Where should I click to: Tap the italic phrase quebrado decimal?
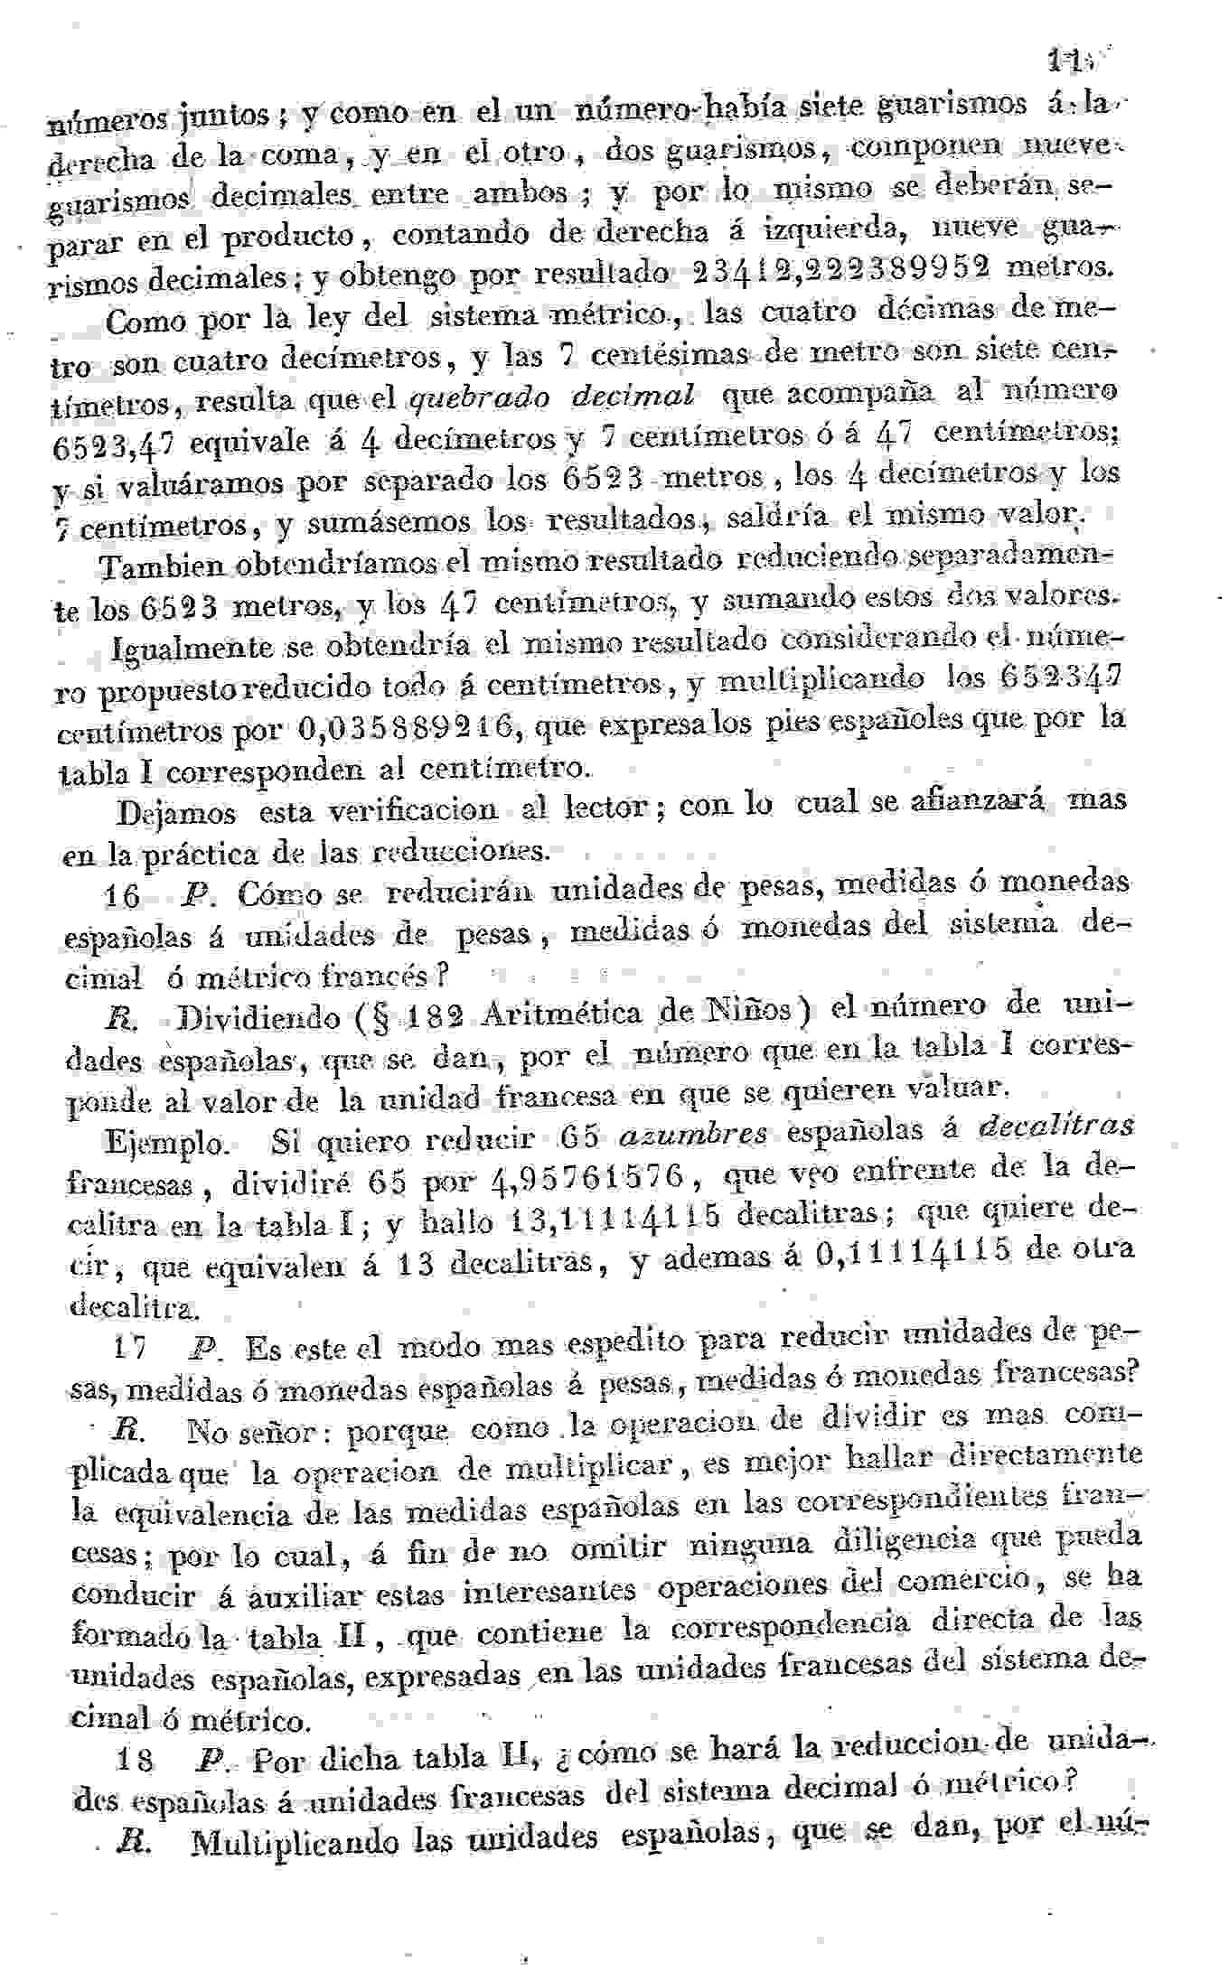pyautogui.click(x=553, y=397)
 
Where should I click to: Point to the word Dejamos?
pyautogui.click(x=177, y=812)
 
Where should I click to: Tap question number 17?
pyautogui.click(x=131, y=1348)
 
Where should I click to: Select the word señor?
pyautogui.click(x=291, y=1434)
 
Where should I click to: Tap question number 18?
pyautogui.click(x=136, y=1760)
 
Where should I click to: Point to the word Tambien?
pyautogui.click(x=163, y=566)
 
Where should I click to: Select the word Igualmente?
pyautogui.click(x=192, y=648)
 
